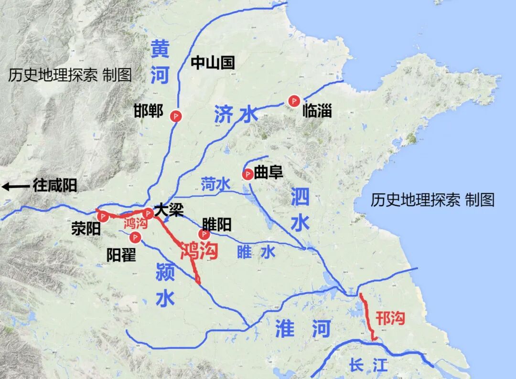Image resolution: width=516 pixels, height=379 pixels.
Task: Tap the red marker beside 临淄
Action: tap(294, 100)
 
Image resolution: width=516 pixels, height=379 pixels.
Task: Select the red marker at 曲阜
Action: tap(247, 174)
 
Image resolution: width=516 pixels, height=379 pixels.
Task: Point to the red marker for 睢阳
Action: tap(204, 234)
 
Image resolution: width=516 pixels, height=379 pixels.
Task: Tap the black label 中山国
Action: tap(213, 63)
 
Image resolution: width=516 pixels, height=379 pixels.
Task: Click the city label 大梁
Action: tap(168, 211)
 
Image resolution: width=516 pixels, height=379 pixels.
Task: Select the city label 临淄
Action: tap(317, 112)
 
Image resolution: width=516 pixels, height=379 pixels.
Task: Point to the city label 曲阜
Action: tap(269, 173)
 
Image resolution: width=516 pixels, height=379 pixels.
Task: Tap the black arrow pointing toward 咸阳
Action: tap(15, 186)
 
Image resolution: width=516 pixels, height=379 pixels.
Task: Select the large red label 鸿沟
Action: tap(199, 250)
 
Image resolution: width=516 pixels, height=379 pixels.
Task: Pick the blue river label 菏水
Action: tap(215, 183)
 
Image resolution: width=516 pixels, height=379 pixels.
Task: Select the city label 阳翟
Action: tap(121, 254)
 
